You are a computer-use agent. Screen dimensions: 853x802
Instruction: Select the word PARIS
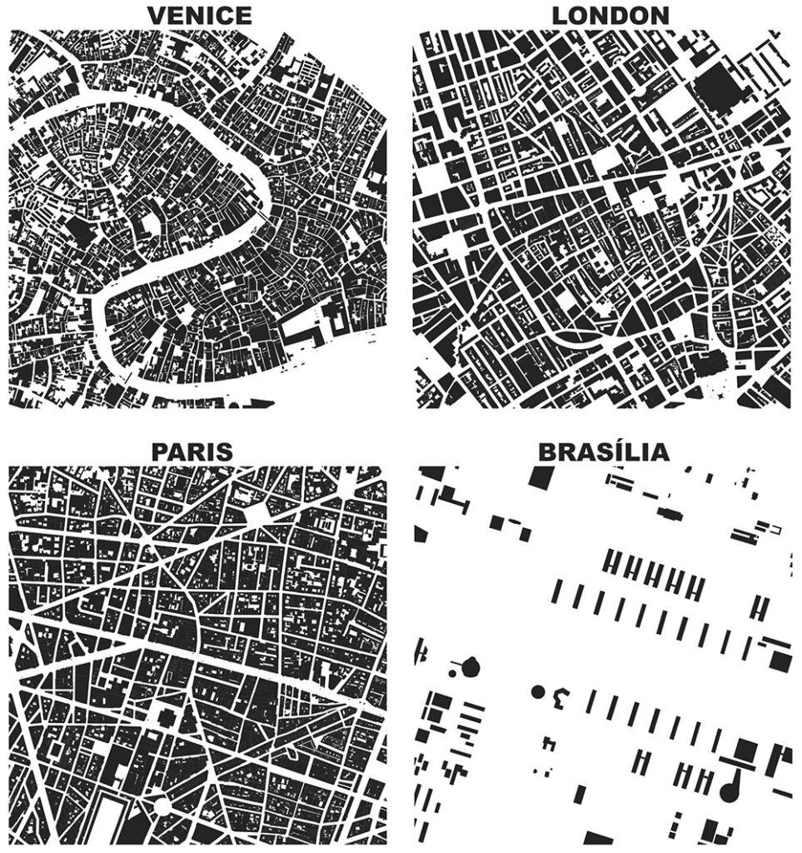(191, 452)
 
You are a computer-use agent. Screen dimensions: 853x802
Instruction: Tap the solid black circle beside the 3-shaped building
(537, 691)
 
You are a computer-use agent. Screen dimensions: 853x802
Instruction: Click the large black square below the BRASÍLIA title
(540, 477)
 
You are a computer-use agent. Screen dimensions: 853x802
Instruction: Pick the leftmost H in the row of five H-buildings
(610, 565)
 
